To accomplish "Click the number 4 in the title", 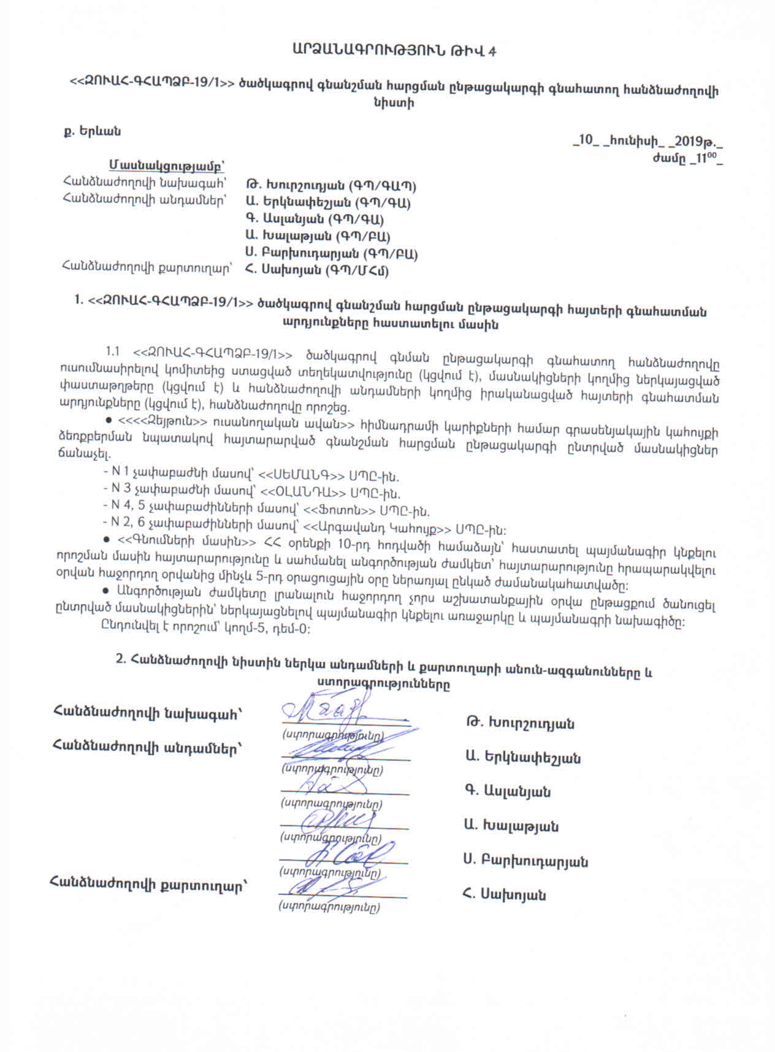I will pos(492,51).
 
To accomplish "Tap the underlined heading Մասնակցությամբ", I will pos(166,166).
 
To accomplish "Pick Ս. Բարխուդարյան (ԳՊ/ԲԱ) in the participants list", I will pos(331,253).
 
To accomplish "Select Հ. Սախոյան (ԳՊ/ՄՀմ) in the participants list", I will pos(316,270).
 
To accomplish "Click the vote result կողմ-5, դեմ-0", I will pos(274,629).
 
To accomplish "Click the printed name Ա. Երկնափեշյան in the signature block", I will pos(522,758).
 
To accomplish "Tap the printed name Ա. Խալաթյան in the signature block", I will pos(511,826).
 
